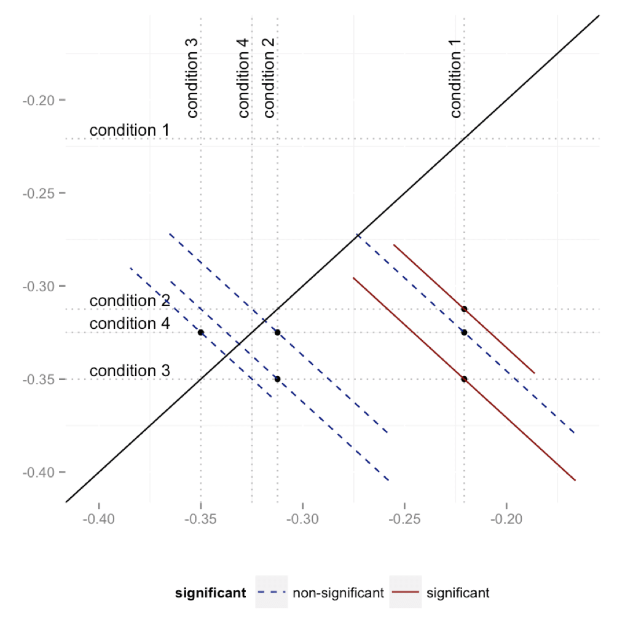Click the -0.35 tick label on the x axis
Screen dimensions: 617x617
[201, 518]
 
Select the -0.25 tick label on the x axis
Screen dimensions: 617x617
[404, 518]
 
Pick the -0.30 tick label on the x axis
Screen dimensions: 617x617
[303, 518]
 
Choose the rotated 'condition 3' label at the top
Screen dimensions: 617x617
[192, 77]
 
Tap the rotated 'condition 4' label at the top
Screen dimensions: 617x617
[243, 77]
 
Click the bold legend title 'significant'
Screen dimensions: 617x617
[211, 594]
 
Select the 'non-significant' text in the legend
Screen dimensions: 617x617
[338, 594]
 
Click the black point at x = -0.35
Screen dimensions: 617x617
[201, 332]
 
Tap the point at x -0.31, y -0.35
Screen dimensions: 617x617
[277, 379]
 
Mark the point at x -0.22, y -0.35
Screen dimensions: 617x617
[464, 379]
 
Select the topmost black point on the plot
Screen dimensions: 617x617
[464, 309]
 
